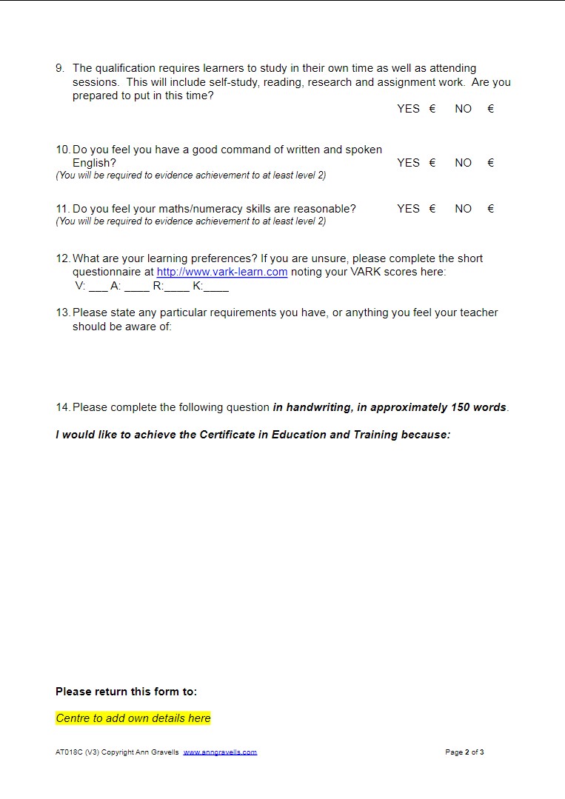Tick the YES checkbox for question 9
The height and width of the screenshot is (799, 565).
click(432, 109)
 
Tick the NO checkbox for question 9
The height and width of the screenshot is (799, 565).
click(490, 109)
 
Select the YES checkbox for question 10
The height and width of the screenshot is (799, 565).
click(432, 163)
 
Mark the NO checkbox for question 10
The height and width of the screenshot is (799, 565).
click(490, 163)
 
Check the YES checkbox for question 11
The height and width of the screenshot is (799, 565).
click(432, 209)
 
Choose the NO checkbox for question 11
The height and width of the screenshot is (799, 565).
click(490, 209)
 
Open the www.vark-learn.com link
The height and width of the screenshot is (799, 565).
click(222, 272)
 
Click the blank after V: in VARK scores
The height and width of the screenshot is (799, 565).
click(98, 287)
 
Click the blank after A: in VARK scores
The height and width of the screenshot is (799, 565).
click(137, 287)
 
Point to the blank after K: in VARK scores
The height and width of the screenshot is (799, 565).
click(216, 287)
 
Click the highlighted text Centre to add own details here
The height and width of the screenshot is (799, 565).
click(133, 718)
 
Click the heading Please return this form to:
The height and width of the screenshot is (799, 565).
click(127, 692)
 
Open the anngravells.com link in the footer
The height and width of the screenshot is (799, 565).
click(220, 752)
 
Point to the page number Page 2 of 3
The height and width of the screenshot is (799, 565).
click(464, 752)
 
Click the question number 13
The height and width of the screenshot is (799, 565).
click(62, 312)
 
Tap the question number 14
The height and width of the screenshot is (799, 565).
click(62, 407)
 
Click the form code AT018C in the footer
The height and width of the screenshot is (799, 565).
click(69, 752)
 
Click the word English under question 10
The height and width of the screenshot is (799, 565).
click(94, 163)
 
